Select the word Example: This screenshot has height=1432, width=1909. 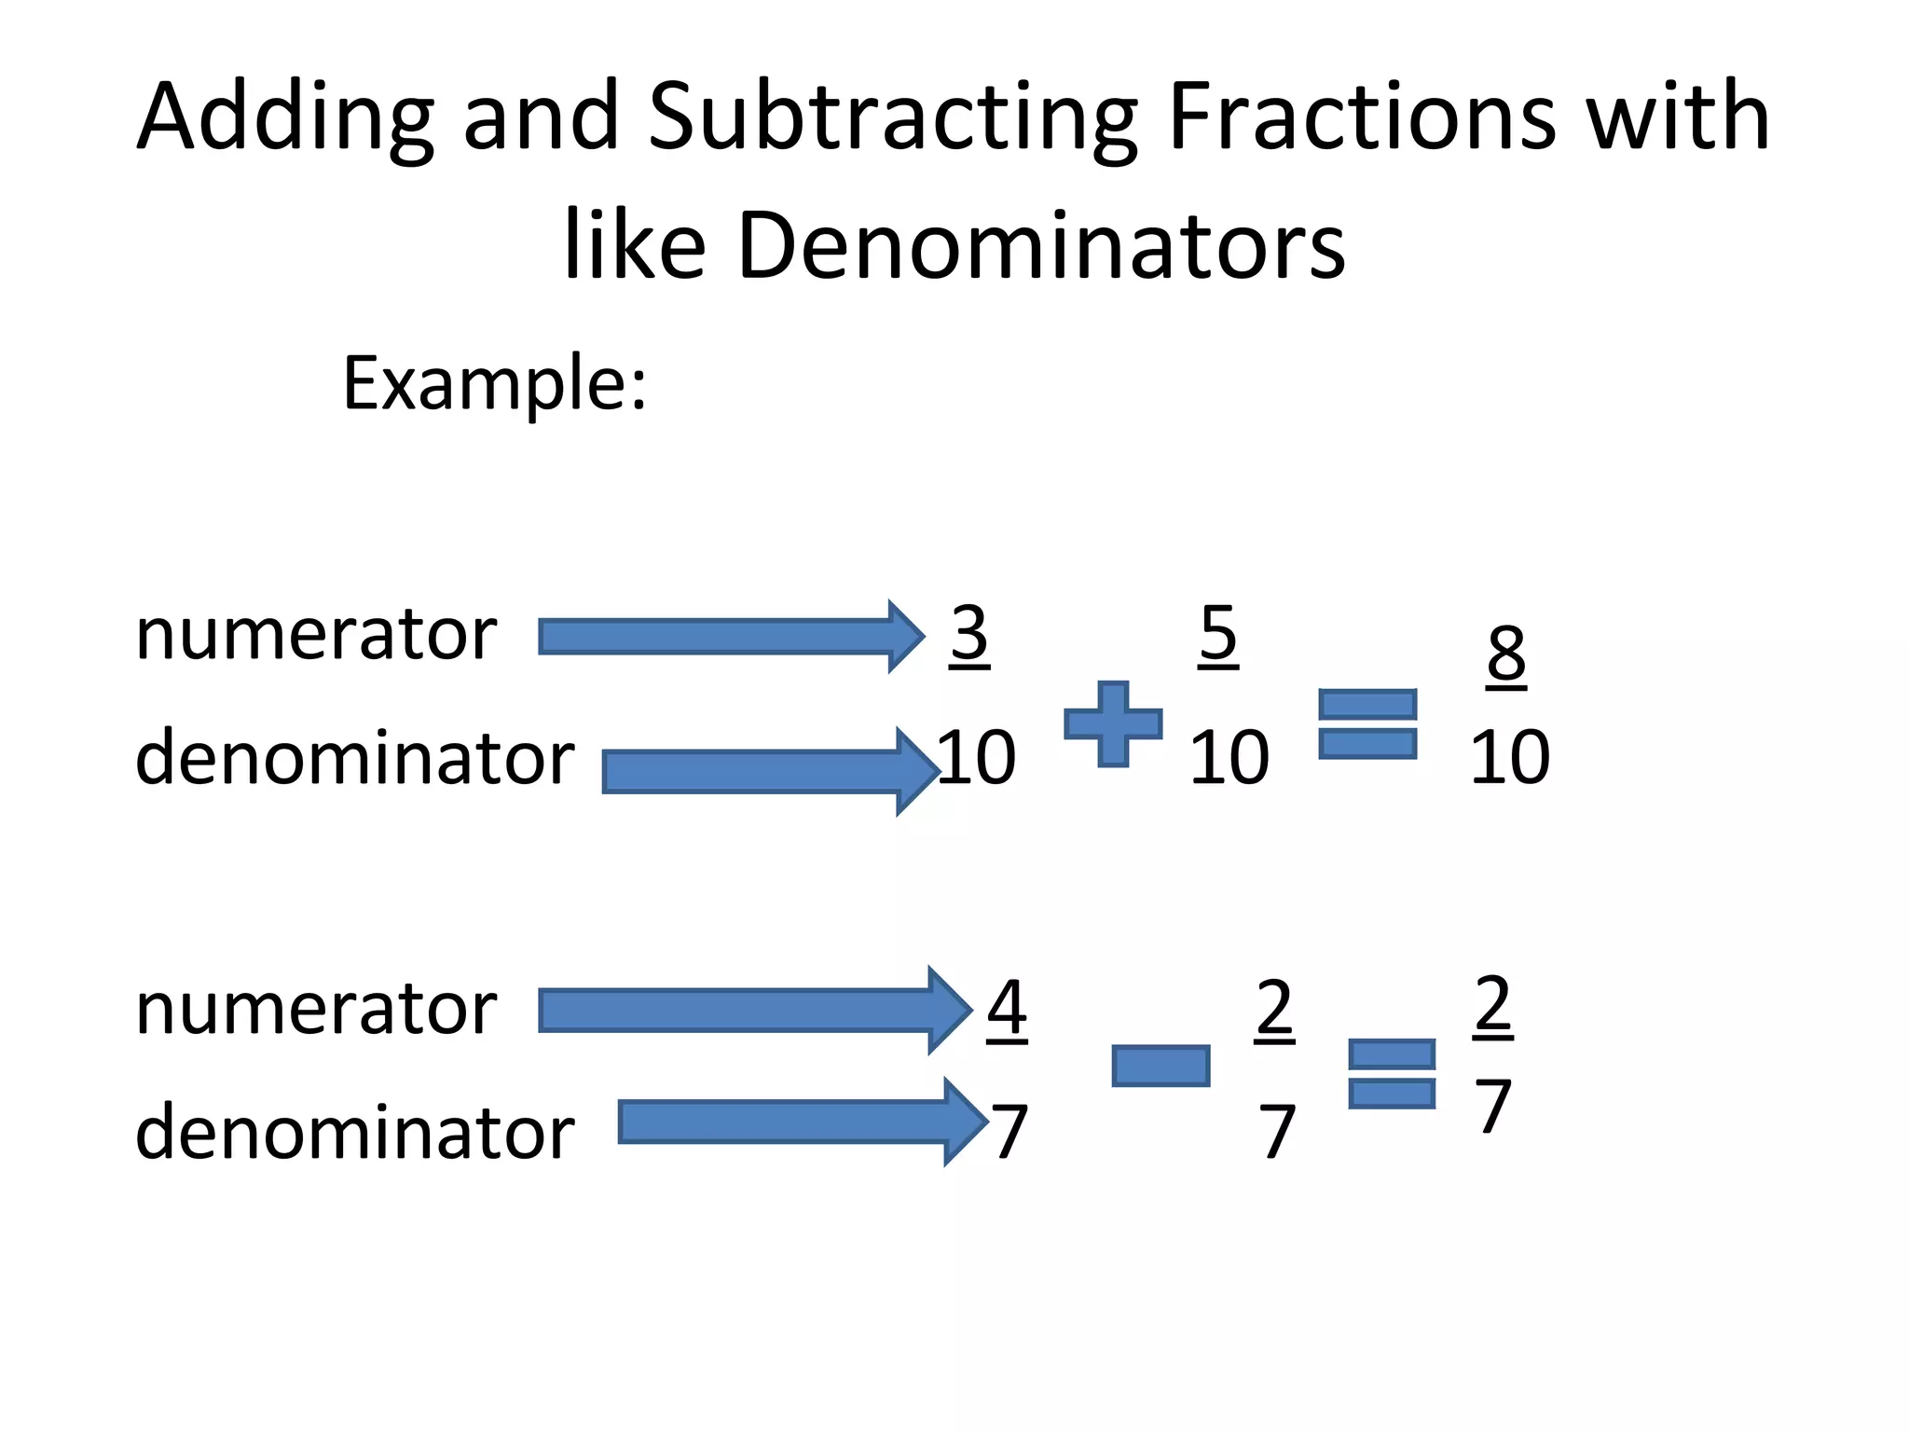pyautogui.click(x=494, y=382)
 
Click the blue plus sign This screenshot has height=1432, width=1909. pyautogui.click(x=1113, y=723)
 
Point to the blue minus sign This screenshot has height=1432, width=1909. pyautogui.click(x=1161, y=1066)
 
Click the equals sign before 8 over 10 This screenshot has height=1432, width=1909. pyautogui.click(x=1367, y=723)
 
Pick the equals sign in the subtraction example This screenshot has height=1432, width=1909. pyautogui.click(x=1392, y=1073)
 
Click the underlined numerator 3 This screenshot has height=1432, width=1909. pyautogui.click(x=969, y=634)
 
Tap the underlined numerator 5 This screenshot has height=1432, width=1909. pyautogui.click(x=1218, y=634)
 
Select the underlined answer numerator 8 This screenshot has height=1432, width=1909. pyautogui.click(x=1506, y=654)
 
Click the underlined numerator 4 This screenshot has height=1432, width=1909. pyautogui.click(x=1007, y=1008)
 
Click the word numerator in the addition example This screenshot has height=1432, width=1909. pyautogui.click(x=316, y=636)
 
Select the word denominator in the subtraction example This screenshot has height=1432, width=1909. pyautogui.click(x=354, y=1133)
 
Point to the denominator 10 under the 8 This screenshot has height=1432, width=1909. pyautogui.click(x=1510, y=757)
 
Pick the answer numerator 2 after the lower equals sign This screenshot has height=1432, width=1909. pyautogui.click(x=1493, y=1004)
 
